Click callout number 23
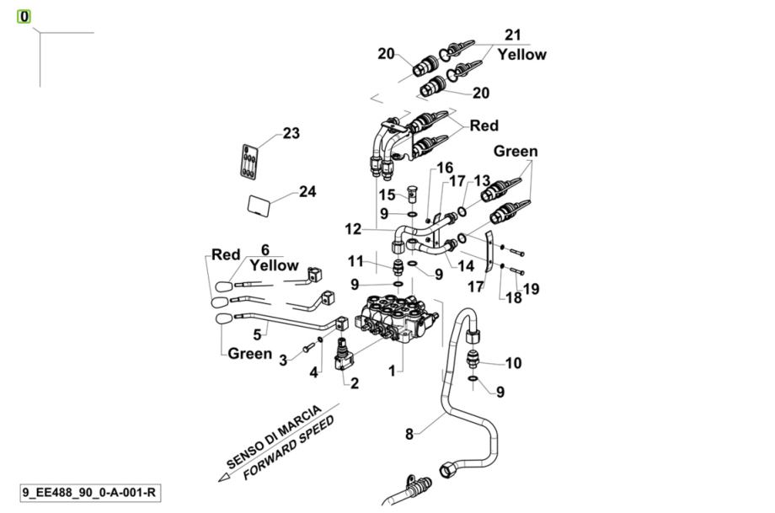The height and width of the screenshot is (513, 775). pyautogui.click(x=291, y=133)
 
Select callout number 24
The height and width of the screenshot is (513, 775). pyautogui.click(x=307, y=191)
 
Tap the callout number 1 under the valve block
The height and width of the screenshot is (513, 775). pyautogui.click(x=391, y=370)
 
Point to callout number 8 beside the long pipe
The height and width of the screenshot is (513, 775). pyautogui.click(x=409, y=435)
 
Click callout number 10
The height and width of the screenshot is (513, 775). pyautogui.click(x=513, y=363)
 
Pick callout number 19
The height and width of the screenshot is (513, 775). pyautogui.click(x=530, y=290)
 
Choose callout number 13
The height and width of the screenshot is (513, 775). pyautogui.click(x=481, y=180)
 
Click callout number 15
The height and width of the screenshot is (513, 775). pyautogui.click(x=386, y=195)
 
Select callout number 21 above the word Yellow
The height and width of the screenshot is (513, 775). pyautogui.click(x=513, y=35)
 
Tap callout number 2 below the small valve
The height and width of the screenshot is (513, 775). pyautogui.click(x=355, y=383)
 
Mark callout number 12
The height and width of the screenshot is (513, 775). pyautogui.click(x=353, y=228)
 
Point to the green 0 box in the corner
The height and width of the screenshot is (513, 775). pyautogui.click(x=24, y=16)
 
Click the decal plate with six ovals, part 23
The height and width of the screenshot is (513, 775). pyautogui.click(x=250, y=161)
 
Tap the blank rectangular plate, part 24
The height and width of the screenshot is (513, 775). pyautogui.click(x=260, y=205)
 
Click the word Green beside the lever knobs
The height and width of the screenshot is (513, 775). pyautogui.click(x=249, y=354)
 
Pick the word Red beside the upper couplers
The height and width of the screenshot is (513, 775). pyautogui.click(x=484, y=126)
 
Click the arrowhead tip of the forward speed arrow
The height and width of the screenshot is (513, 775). pyautogui.click(x=221, y=478)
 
